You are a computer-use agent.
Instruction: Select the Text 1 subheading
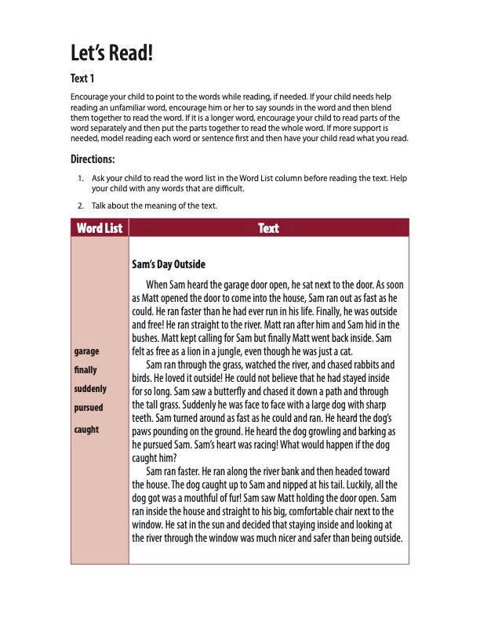coord(83,79)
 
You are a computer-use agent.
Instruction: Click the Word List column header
coord(100,228)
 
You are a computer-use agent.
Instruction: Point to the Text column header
coord(268,228)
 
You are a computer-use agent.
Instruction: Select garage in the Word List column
coord(85,350)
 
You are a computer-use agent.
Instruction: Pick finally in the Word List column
coord(85,369)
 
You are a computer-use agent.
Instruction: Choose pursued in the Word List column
coord(88,408)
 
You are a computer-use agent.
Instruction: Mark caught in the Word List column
coord(86,429)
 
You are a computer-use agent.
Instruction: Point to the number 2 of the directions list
coord(81,206)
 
